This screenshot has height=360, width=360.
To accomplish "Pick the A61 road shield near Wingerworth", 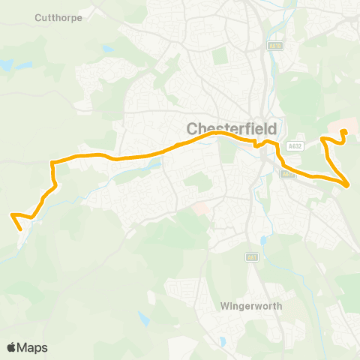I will [x=253, y=258].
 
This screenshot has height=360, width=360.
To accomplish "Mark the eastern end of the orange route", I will [x=344, y=132].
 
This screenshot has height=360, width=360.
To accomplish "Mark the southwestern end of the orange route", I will [x=13, y=215].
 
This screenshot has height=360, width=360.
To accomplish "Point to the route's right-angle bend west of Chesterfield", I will [x=52, y=162].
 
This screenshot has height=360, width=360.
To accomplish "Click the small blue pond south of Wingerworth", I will [x=222, y=341].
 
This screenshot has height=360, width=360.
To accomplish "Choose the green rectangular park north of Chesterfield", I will [x=219, y=56].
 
